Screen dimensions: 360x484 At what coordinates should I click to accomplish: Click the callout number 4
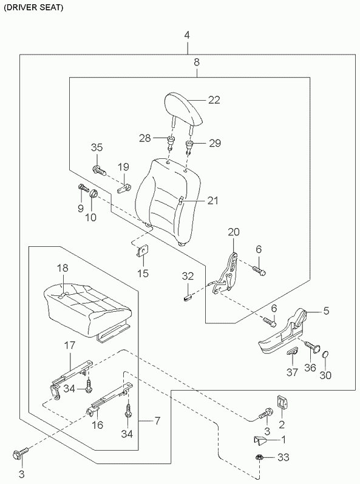click(x=186, y=36)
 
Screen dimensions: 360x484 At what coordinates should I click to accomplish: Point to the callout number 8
click(x=197, y=62)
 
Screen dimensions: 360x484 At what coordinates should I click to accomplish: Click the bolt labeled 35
click(x=100, y=170)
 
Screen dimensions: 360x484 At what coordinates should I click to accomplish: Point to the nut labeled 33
click(x=260, y=457)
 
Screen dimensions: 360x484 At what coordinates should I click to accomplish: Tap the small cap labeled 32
click(x=188, y=298)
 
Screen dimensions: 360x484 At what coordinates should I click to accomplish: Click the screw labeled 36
click(x=313, y=346)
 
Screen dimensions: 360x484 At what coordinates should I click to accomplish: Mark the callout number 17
click(x=70, y=345)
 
